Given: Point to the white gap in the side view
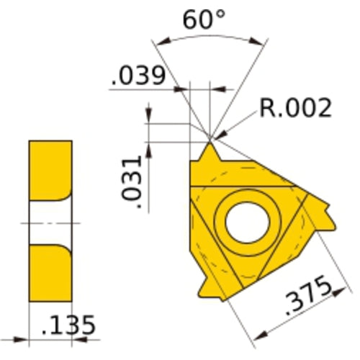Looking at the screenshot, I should pyautogui.click(x=50, y=223).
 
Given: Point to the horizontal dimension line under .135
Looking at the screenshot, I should pyautogui.click(x=50, y=338).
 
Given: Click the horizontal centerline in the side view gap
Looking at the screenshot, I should pyautogui.click(x=50, y=224).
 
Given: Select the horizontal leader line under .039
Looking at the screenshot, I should pyautogui.click(x=144, y=89).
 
